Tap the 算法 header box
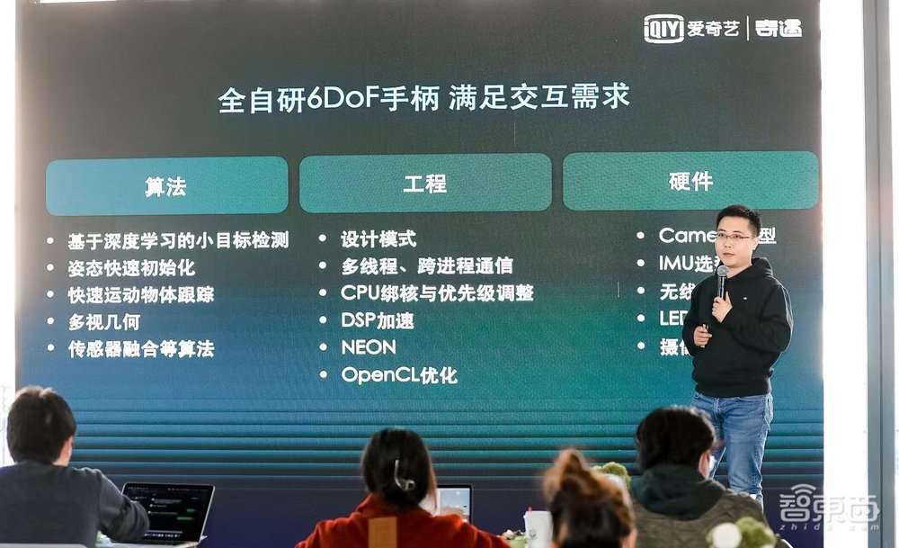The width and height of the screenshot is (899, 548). pos(166,185)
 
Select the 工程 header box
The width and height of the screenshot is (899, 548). pos(425,183)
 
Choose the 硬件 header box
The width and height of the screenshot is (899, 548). pos(690,181)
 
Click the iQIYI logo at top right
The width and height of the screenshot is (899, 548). pos(664,29)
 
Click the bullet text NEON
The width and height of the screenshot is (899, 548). pos(369,346)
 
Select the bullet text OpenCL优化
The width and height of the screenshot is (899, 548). pos(399,374)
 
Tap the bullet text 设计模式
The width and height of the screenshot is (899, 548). pos(378,239)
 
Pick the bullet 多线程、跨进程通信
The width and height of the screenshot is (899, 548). pos(427,265)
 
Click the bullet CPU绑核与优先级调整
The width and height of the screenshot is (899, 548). pos(437,293)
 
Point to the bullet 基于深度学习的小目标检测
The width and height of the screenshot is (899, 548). pos(178,241)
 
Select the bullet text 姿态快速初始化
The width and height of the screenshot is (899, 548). pos(131,268)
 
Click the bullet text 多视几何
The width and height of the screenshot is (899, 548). pos(104,321)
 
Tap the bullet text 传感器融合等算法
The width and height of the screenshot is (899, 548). pos(141,349)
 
